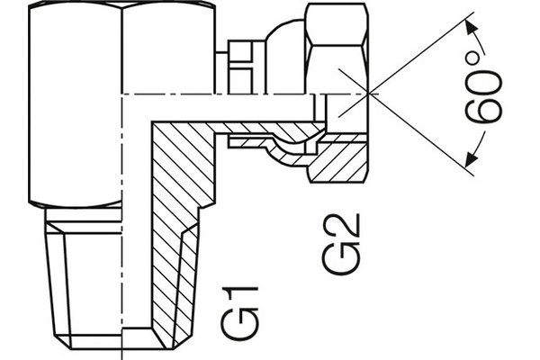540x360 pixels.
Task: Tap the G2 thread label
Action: tap(341, 244)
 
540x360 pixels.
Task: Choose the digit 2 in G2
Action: tap(342, 229)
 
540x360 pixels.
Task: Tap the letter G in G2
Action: tap(341, 259)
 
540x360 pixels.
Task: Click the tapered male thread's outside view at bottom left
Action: tap(81, 279)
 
